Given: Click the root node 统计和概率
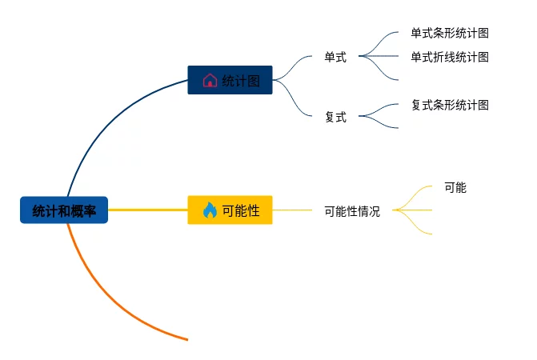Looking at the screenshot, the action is (x=64, y=210).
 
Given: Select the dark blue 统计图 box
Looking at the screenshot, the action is (x=230, y=80).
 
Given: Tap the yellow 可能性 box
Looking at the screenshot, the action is (x=230, y=210).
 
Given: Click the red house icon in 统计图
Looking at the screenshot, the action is (x=210, y=81).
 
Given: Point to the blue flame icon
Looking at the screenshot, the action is (x=210, y=210).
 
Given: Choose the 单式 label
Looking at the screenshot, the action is (x=335, y=57).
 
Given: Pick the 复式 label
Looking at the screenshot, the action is (x=335, y=117).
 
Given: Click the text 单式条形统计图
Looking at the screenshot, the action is (x=450, y=33).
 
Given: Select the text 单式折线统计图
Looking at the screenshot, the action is (x=450, y=57).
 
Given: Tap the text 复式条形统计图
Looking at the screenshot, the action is (x=450, y=105).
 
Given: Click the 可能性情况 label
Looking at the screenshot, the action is (x=352, y=211).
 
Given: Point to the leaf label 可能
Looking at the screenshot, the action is (x=455, y=187).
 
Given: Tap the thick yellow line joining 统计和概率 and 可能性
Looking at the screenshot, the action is (x=148, y=210).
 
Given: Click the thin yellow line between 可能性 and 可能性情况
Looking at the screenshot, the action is (x=292, y=210).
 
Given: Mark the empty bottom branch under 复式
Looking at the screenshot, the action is (x=379, y=123).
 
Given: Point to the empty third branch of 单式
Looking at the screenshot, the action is (x=380, y=70).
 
